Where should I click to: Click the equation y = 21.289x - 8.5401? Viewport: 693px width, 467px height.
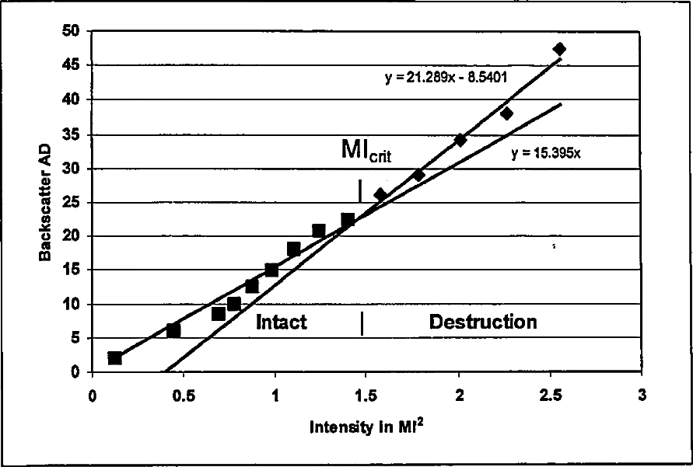point(446,78)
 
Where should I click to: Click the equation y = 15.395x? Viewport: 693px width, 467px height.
point(546,153)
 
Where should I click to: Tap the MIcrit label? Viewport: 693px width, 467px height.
point(366,150)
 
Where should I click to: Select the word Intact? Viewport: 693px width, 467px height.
point(282,322)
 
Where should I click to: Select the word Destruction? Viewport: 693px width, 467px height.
point(483,322)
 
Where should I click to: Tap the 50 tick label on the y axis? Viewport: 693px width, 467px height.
point(72,32)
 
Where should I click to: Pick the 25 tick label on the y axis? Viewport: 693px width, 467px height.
point(72,202)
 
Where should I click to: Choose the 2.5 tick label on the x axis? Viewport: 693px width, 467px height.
point(550,394)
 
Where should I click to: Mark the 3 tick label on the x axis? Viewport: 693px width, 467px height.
point(642,394)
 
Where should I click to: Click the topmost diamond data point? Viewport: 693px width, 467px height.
point(559,49)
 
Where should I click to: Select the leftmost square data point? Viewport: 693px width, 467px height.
point(115,358)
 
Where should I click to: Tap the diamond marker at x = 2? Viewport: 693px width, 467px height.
point(460,140)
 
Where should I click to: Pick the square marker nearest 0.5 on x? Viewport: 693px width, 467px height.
point(173,330)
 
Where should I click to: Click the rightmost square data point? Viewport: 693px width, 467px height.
point(348,220)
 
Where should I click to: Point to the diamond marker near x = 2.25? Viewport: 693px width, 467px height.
point(506,113)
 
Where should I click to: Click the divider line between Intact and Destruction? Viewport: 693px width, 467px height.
point(362,323)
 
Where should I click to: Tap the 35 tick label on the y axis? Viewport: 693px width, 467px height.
point(72,134)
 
